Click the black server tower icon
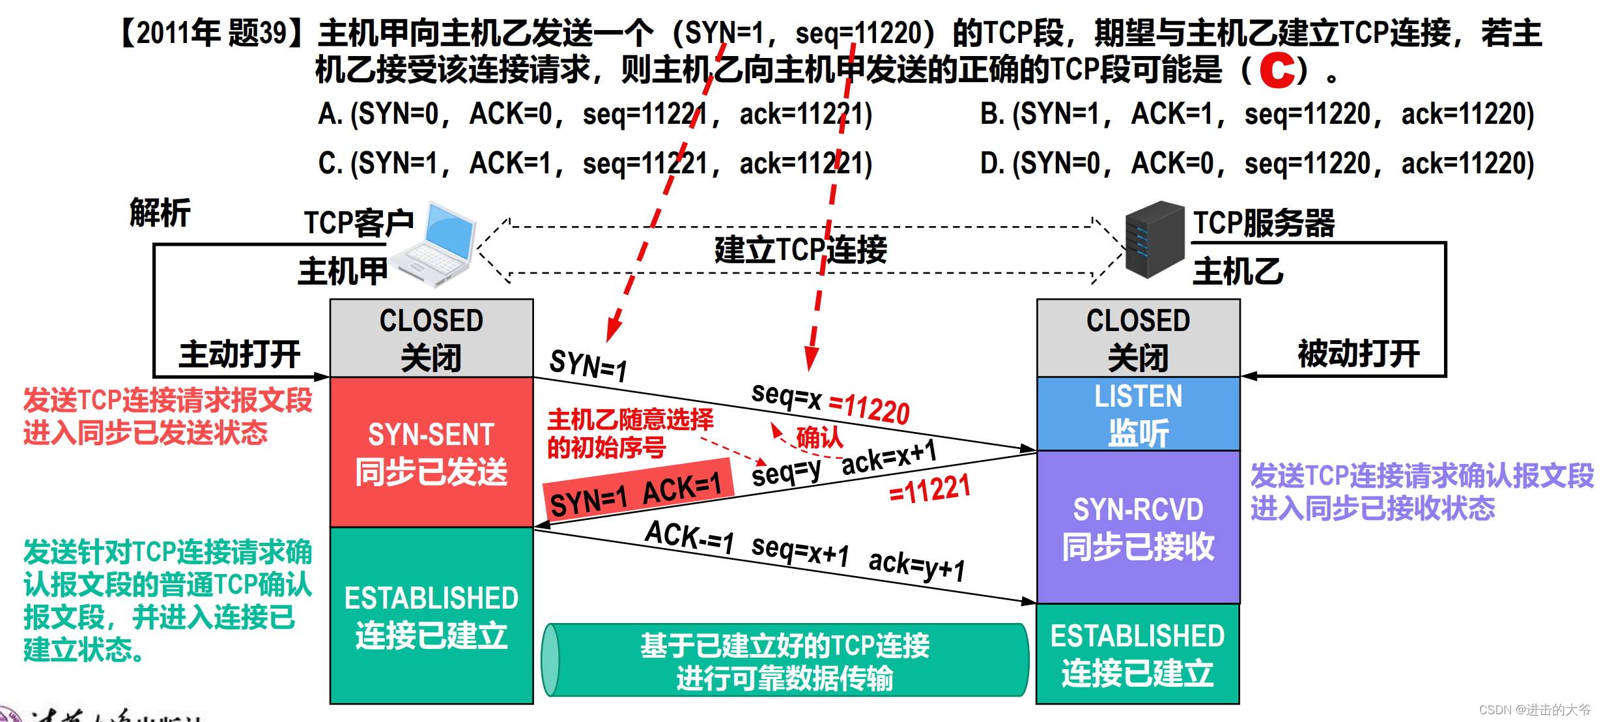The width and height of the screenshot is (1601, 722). click(x=1154, y=240)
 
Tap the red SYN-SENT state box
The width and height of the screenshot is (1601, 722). click(x=431, y=452)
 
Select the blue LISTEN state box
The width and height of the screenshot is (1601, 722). click(x=1138, y=414)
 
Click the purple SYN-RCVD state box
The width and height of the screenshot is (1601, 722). click(x=1138, y=527)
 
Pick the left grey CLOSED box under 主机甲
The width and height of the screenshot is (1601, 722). click(x=431, y=338)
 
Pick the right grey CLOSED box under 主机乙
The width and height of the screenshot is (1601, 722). click(x=1138, y=338)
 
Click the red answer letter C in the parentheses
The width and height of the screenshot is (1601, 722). click(x=1277, y=70)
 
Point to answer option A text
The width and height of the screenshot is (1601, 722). click(x=594, y=115)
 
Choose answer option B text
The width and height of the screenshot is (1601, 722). click(x=1257, y=115)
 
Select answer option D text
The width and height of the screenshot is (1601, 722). click(x=1257, y=164)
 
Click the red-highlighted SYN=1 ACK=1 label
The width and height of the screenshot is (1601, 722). click(x=637, y=493)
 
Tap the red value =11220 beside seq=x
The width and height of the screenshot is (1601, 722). click(x=869, y=409)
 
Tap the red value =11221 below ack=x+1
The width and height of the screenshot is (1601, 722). click(x=930, y=490)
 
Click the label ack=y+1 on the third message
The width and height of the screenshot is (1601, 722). click(x=916, y=564)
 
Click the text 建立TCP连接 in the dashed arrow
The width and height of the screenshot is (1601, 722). click(x=801, y=250)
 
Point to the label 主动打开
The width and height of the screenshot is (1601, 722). click(x=239, y=354)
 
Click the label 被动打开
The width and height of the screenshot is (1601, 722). click(x=1358, y=354)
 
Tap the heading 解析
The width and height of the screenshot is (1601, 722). click(x=160, y=213)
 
